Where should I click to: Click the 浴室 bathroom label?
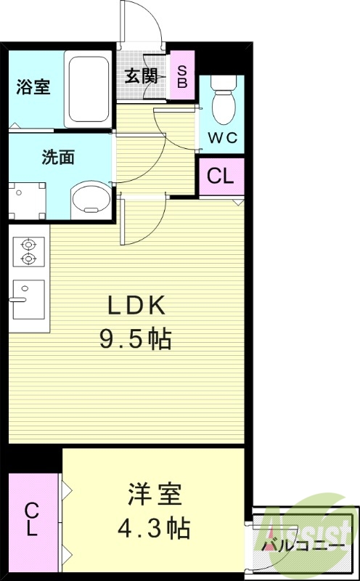click(33, 86)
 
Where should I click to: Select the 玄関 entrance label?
click(140, 76)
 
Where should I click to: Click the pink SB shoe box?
click(181, 76)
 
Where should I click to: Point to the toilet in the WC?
click(223, 104)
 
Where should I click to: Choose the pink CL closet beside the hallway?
click(221, 176)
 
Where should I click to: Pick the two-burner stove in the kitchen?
click(28, 251)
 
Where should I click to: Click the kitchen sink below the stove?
click(28, 299)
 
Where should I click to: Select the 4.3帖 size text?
click(154, 529)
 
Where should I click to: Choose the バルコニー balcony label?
click(303, 543)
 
